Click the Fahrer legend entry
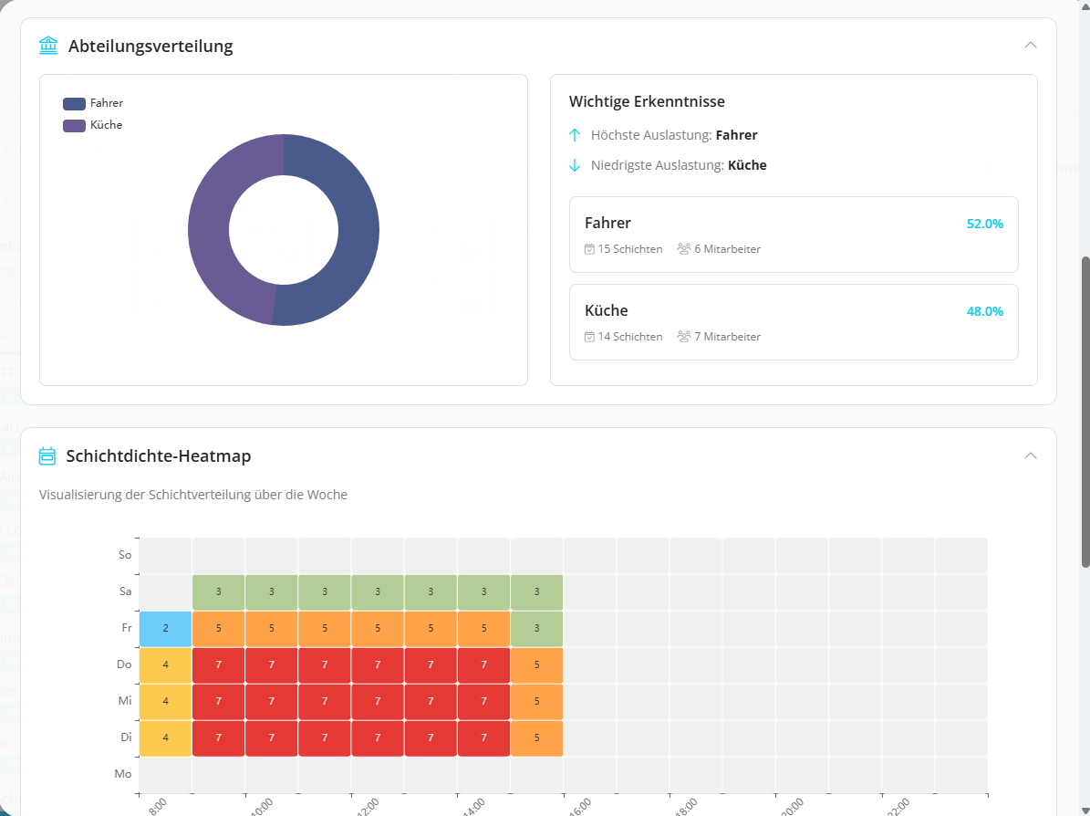93,103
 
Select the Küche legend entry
93,125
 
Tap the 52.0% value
984,224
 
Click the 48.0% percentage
984,311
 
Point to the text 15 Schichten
629,249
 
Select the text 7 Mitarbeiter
725,337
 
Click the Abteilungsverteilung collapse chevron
1031,45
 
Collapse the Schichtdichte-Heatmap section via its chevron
1031,455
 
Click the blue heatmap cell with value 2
165,628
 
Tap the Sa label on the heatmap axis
125,591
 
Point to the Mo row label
123,774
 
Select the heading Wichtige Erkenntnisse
647,101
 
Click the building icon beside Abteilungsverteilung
48,45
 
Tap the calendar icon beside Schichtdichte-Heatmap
47,455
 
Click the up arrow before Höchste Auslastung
575,135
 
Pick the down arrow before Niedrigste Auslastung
575,165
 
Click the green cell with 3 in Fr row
536,628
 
